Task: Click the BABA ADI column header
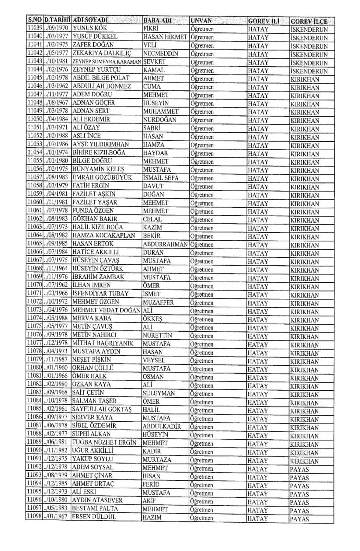[x=157, y=21]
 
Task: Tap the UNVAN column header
[x=201, y=21]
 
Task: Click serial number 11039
[x=35, y=28]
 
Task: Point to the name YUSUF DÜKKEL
[x=95, y=36]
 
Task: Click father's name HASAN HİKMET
[x=165, y=37]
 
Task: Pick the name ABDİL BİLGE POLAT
[x=101, y=78]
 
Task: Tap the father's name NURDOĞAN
[x=160, y=120]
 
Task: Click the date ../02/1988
[x=57, y=136]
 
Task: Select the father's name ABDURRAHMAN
[x=165, y=244]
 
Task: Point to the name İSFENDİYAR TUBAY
[x=100, y=294]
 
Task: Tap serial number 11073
[x=35, y=310]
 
